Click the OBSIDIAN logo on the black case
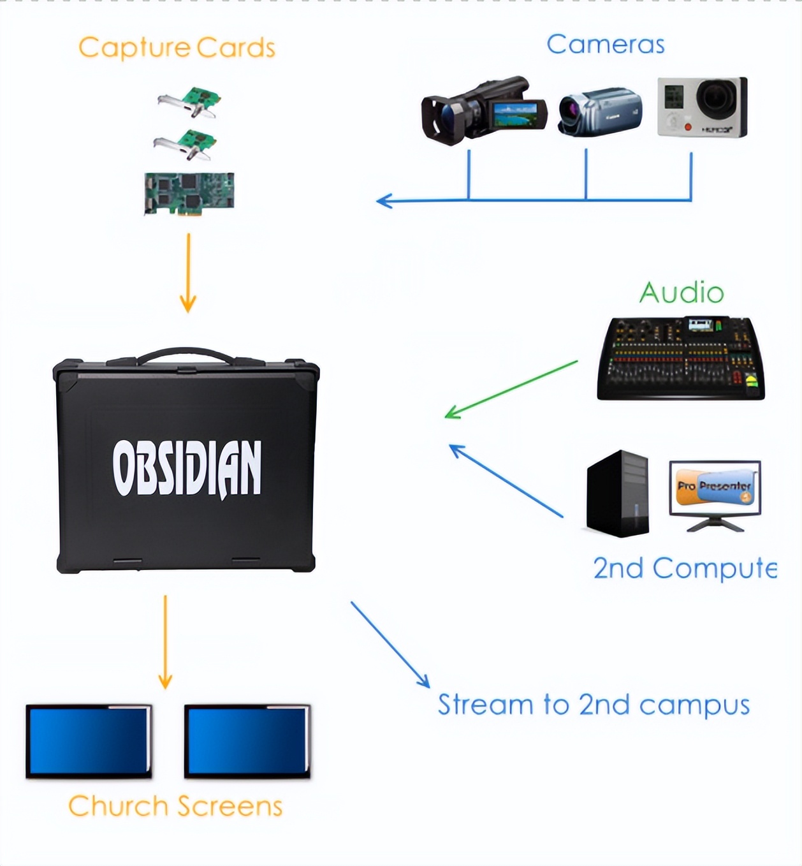click(x=187, y=467)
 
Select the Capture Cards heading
click(x=177, y=48)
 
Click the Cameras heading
click(x=605, y=44)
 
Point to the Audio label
click(x=682, y=293)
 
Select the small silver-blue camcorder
click(x=599, y=112)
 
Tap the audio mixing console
click(x=680, y=358)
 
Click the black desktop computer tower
click(x=617, y=494)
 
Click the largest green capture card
click(x=189, y=193)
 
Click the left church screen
click(x=89, y=741)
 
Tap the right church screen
click(x=247, y=741)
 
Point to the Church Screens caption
click(x=175, y=806)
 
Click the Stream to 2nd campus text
click(x=593, y=705)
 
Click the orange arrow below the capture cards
click(x=188, y=273)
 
